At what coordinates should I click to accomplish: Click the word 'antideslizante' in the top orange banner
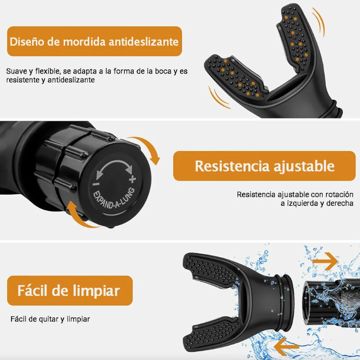(x=143, y=41)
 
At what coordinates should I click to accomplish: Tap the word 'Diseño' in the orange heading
(x=27, y=41)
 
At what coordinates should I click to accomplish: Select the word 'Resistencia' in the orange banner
(x=229, y=166)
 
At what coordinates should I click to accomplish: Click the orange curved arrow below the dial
(x=82, y=215)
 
